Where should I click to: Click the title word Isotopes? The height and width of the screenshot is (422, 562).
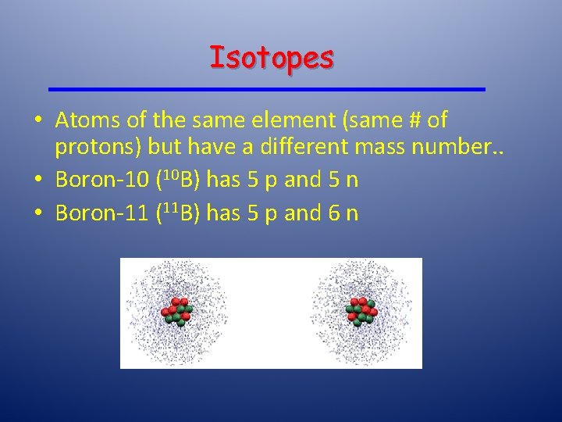272,57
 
